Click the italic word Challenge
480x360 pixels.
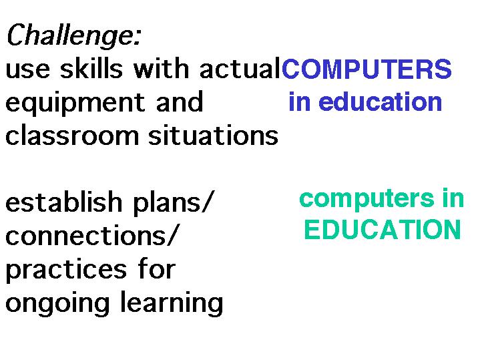70,35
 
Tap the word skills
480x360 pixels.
91,67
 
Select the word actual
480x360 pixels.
240,68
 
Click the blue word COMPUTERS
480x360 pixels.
367,69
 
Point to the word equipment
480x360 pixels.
75,103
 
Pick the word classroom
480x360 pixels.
72,135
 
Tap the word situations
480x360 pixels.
213,135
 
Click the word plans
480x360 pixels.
167,203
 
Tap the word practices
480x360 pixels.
66,271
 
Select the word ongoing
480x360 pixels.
57,304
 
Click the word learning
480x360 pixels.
172,303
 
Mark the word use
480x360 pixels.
27,70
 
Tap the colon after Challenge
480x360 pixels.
137,37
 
